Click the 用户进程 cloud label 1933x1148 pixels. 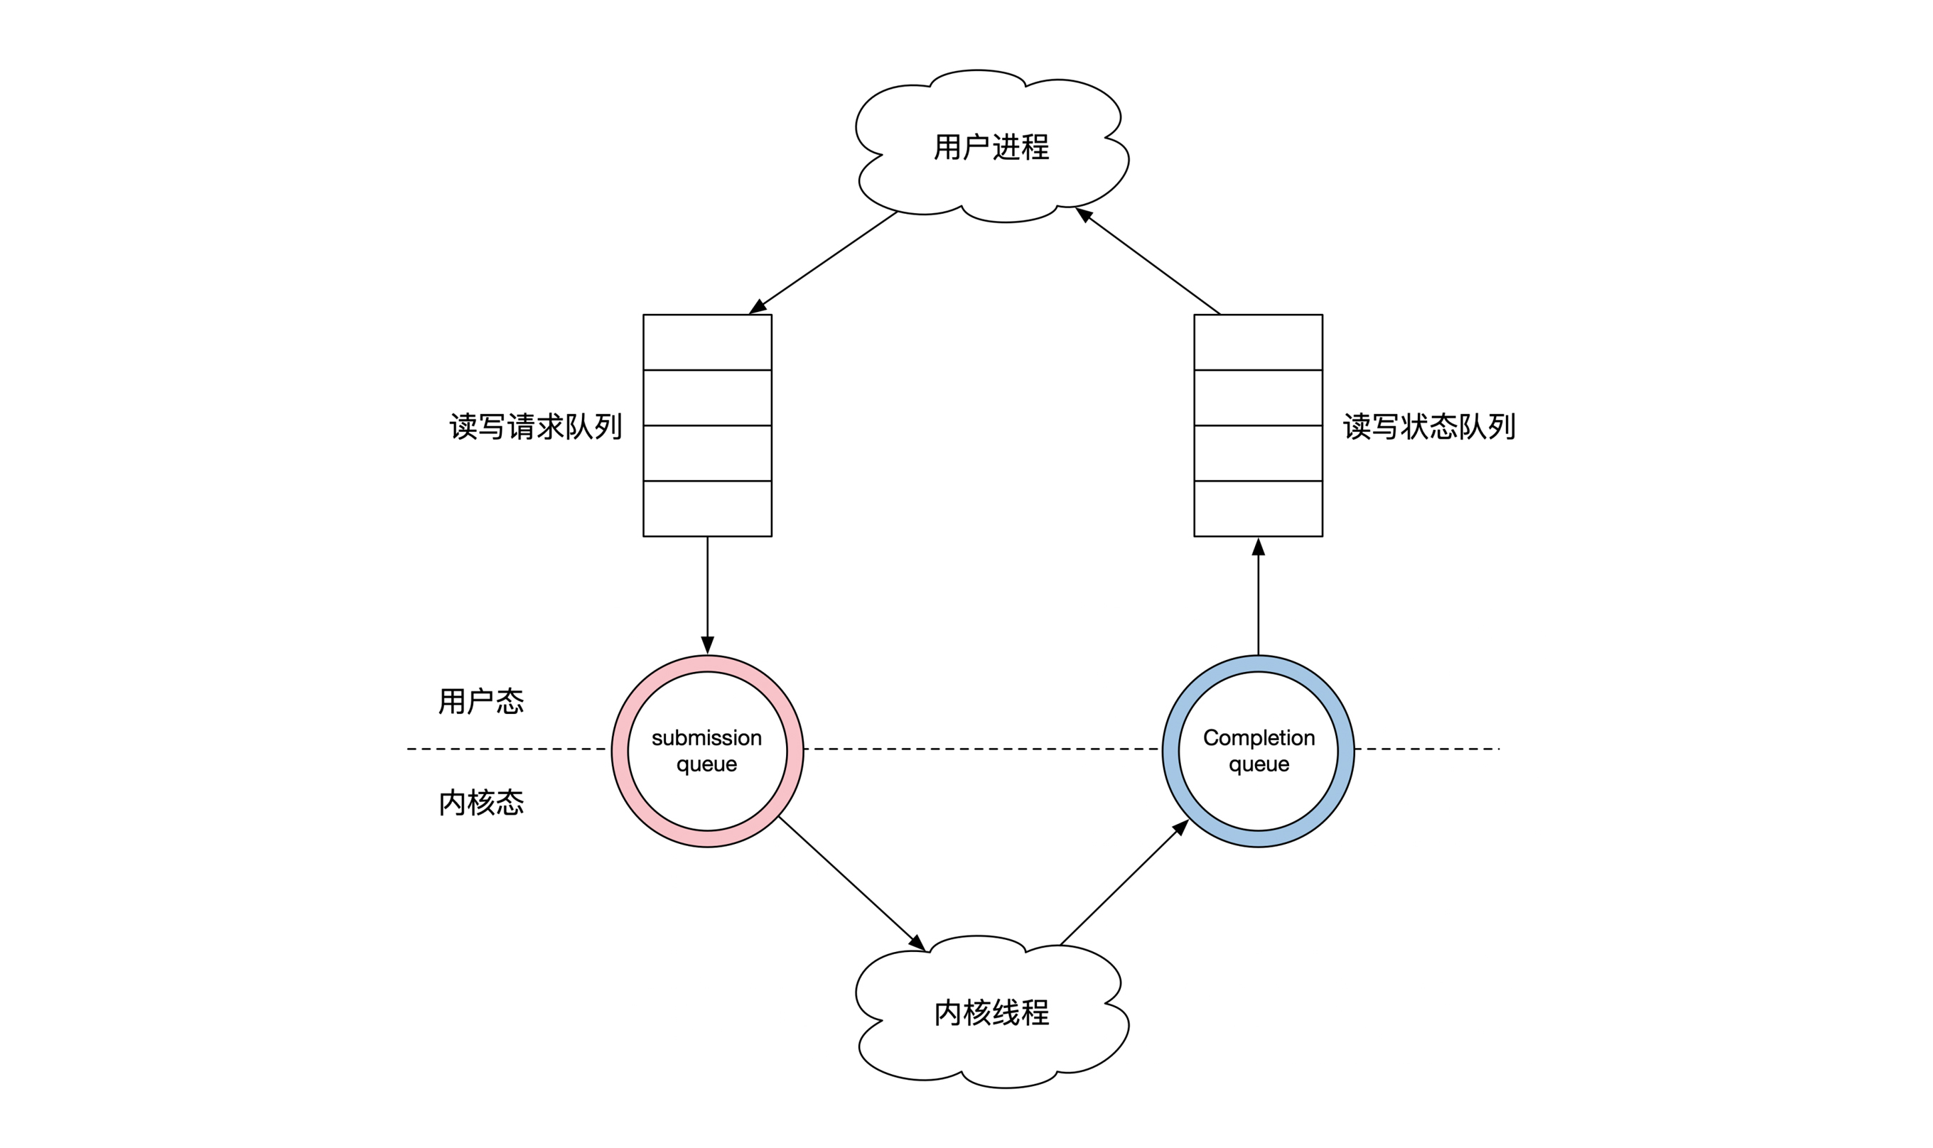pos(991,147)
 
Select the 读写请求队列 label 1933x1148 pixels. pos(535,426)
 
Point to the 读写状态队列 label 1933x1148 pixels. pos(1428,426)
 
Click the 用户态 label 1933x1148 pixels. pos(480,701)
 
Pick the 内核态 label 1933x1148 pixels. pos(480,802)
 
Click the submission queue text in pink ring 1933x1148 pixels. pos(706,750)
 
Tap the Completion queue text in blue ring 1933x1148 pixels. pos(1259,750)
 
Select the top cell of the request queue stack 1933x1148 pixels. pos(707,342)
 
